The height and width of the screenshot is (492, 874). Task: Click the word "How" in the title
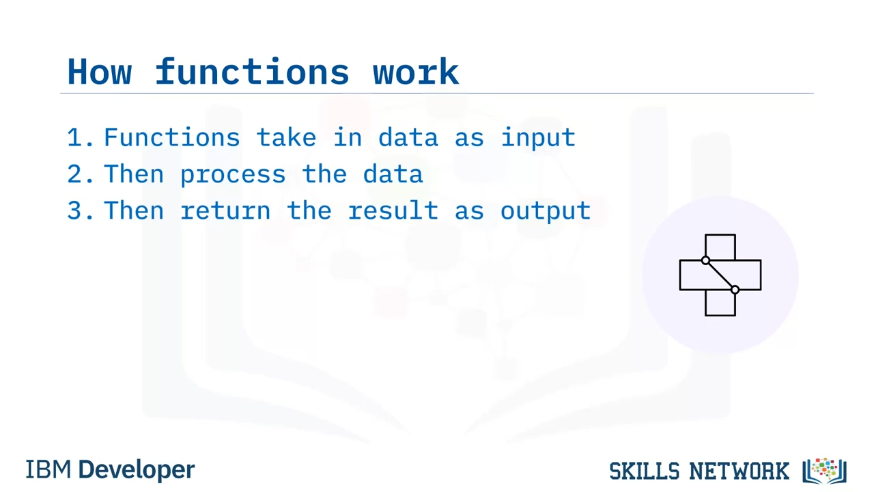pos(100,72)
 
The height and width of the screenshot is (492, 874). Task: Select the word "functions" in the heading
pos(252,70)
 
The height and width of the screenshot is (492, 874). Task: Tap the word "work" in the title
pos(416,70)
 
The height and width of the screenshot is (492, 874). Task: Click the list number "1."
pos(81,137)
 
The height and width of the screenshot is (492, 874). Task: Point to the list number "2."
pos(81,174)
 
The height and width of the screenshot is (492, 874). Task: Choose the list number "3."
pos(81,211)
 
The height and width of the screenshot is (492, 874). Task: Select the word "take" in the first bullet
pos(286,137)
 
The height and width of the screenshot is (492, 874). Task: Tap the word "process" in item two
pos(233,176)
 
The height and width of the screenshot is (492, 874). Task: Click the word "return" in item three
pos(225,211)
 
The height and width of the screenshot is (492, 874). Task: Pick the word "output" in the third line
pos(546,212)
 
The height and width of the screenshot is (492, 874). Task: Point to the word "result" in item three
pos(393,210)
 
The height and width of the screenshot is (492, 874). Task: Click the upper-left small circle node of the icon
pos(705,260)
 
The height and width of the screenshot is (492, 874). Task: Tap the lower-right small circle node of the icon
pos(735,290)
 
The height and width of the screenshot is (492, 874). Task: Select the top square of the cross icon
pos(720,235)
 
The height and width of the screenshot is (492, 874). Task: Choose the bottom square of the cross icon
pos(720,315)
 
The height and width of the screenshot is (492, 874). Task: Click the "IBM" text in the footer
pos(48,469)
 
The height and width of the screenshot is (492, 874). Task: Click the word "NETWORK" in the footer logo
pos(739,471)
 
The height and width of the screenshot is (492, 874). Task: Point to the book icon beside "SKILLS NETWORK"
pos(824,471)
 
